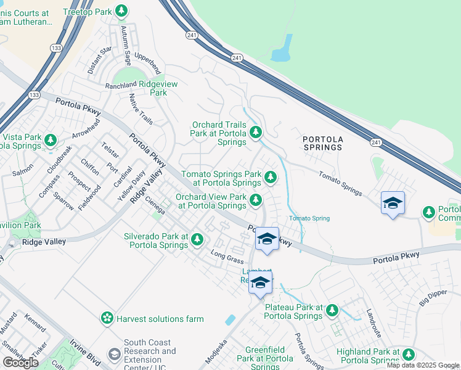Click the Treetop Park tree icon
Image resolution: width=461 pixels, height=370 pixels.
pos(122,10)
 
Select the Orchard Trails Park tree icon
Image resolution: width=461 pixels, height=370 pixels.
pos(256,131)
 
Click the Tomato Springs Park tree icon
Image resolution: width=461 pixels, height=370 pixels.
pos(270,178)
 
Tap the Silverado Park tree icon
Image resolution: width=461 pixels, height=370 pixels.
pos(197,239)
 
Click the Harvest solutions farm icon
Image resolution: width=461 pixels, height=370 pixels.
pos(107,318)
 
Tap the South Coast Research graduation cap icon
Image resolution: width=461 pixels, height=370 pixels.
pos(114,355)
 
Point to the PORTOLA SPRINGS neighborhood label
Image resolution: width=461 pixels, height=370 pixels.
pos(322,143)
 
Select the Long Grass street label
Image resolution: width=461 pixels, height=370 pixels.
pos(227,257)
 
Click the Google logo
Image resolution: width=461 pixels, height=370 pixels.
pos(21,363)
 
